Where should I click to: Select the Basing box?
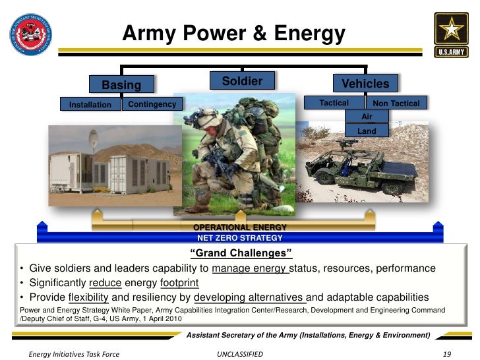click(x=121, y=84)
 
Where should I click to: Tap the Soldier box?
click(x=241, y=81)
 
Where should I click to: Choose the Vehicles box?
click(x=365, y=83)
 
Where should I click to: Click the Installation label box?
click(x=90, y=104)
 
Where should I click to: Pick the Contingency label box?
click(x=152, y=104)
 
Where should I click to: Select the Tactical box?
click(x=334, y=103)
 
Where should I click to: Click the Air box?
click(x=367, y=116)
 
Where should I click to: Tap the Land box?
click(x=367, y=131)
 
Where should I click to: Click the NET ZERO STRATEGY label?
click(x=240, y=237)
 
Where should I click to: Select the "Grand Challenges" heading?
click(x=240, y=254)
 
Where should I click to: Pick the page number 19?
click(x=447, y=354)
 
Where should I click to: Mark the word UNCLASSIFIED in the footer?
click(x=240, y=354)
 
